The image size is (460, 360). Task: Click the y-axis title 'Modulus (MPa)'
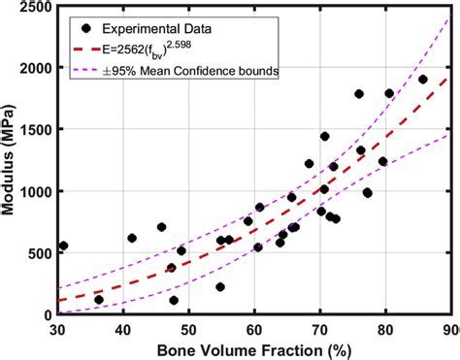(10, 161)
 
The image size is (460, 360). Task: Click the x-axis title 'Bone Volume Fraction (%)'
(253, 348)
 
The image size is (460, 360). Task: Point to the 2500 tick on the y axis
(34, 7)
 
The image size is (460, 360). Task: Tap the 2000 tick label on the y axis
(34, 68)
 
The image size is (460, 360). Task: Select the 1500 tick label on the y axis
(34, 129)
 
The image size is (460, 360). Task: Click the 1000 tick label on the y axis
(34, 191)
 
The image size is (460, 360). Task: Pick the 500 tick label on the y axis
(39, 252)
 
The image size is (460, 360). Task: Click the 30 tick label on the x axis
(58, 328)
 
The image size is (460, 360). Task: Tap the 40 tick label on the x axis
(123, 328)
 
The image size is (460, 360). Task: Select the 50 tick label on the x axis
(189, 328)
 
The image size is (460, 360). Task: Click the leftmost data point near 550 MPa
(63, 245)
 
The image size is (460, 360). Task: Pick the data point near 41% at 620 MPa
(132, 238)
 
